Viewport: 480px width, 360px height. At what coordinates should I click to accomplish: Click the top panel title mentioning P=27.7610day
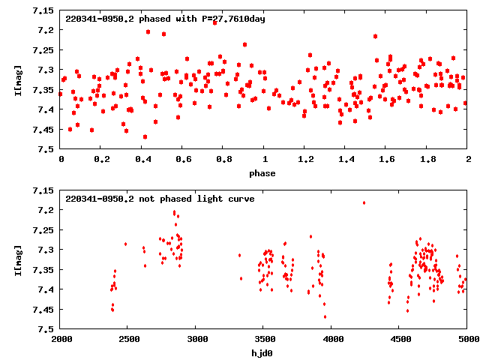pyautogui.click(x=165, y=18)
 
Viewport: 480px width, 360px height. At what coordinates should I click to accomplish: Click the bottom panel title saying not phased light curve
pyautogui.click(x=160, y=199)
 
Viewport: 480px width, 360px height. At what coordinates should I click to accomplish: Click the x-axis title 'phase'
pyautogui.click(x=263, y=173)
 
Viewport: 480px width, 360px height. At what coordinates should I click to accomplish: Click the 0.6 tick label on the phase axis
pyautogui.click(x=182, y=160)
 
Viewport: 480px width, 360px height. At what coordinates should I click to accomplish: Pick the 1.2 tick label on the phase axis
pyautogui.click(x=304, y=160)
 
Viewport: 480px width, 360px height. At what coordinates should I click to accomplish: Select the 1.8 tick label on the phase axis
pyautogui.click(x=427, y=160)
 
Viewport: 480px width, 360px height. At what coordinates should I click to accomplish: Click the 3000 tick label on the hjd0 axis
pyautogui.click(x=196, y=339)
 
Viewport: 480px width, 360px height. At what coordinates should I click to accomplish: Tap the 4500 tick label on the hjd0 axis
pyautogui.click(x=399, y=339)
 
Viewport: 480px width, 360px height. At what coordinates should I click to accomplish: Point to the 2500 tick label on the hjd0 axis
pyautogui.click(x=128, y=339)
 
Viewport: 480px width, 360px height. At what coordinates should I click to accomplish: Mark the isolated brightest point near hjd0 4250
pyautogui.click(x=364, y=202)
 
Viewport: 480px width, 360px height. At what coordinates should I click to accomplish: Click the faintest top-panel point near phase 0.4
pyautogui.click(x=145, y=136)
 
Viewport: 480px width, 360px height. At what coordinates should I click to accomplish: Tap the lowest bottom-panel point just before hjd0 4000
pyautogui.click(x=325, y=316)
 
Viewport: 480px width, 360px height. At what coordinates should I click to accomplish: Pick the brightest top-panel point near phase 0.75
pyautogui.click(x=214, y=22)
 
